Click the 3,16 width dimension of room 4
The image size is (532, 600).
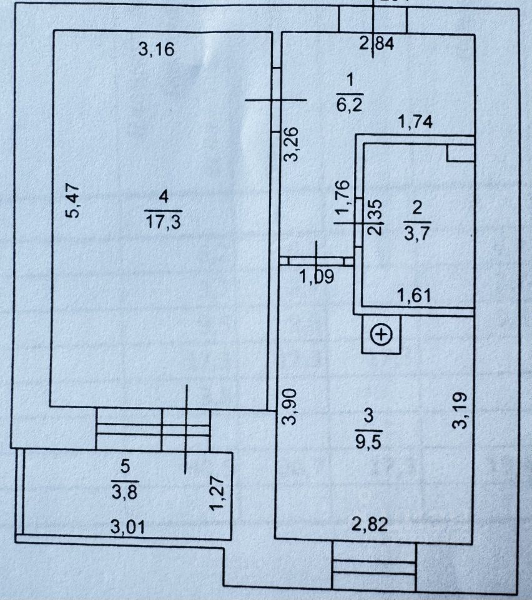[x=155, y=49]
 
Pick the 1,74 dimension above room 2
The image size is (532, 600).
[x=415, y=122]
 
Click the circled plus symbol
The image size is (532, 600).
[x=381, y=335]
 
